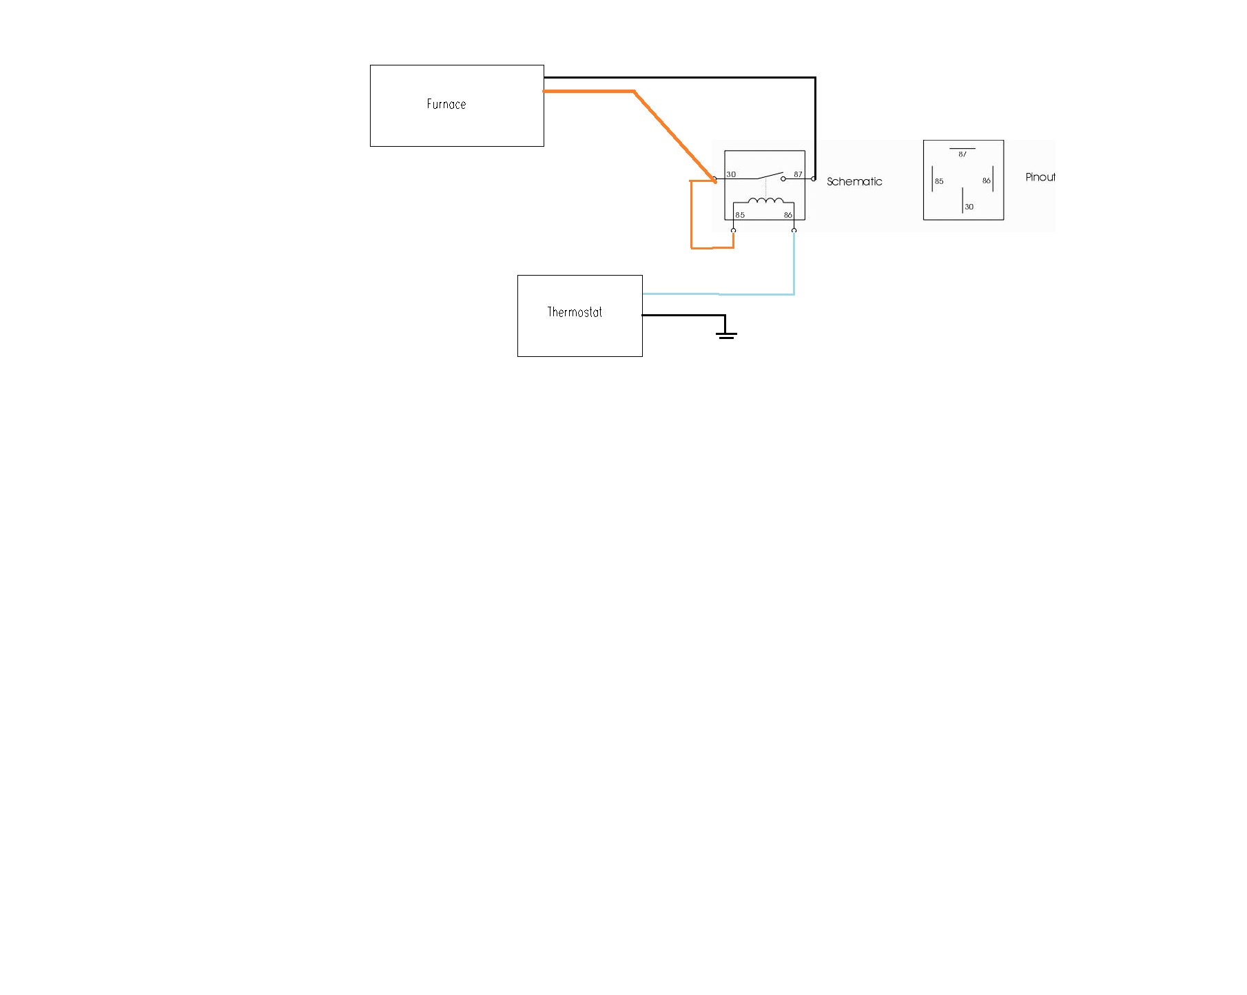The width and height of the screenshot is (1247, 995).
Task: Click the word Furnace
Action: pyautogui.click(x=446, y=104)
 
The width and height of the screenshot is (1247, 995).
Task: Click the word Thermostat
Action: pyautogui.click(x=575, y=312)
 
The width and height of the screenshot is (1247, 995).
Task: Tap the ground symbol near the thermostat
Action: pyautogui.click(x=726, y=335)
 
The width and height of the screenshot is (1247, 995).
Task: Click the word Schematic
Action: pyautogui.click(x=854, y=182)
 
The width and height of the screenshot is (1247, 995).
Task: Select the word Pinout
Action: pyautogui.click(x=1040, y=177)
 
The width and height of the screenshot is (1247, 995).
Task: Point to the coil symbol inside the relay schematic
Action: pyautogui.click(x=765, y=201)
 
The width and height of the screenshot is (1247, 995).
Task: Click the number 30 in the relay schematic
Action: pyautogui.click(x=731, y=174)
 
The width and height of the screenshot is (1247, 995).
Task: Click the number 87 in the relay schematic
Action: pyautogui.click(x=798, y=174)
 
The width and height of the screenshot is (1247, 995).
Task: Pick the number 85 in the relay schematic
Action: pyautogui.click(x=740, y=215)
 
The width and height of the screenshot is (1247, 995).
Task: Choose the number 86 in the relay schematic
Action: pyautogui.click(x=788, y=215)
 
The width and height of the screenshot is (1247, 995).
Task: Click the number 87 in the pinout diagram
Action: pyautogui.click(x=962, y=154)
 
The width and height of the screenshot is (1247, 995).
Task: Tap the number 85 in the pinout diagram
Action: pyautogui.click(x=939, y=181)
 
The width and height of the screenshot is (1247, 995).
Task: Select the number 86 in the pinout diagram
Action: pyautogui.click(x=987, y=181)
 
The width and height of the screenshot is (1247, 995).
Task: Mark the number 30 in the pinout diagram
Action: pyautogui.click(x=969, y=207)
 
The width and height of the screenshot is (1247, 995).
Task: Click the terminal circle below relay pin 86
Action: pyautogui.click(x=794, y=230)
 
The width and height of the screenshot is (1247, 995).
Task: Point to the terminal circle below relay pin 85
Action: pyautogui.click(x=733, y=230)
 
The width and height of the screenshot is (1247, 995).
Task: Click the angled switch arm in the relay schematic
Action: pyautogui.click(x=770, y=175)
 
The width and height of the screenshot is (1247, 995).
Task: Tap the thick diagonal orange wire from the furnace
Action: pyautogui.click(x=675, y=136)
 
